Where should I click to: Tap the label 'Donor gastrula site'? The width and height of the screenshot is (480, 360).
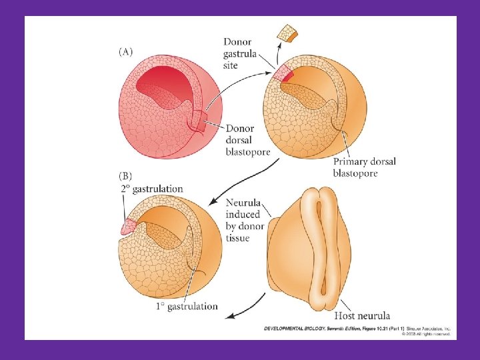[x=241, y=52]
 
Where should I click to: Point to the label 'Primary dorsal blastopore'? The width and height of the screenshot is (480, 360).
[x=364, y=167]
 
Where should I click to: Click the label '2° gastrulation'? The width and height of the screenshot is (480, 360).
[x=151, y=189]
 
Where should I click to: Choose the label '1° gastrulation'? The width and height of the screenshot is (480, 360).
[x=187, y=306]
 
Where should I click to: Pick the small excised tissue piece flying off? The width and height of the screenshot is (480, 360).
[x=289, y=32]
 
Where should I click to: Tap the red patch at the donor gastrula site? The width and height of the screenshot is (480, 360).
[x=285, y=74]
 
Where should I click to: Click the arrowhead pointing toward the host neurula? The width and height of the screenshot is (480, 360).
[x=219, y=313]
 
